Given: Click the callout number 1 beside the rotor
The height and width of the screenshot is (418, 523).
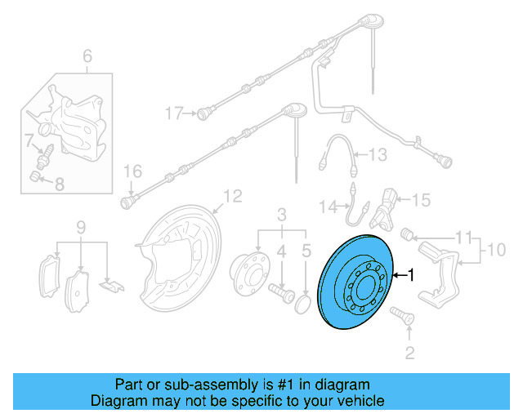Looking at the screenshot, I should pos(412,276).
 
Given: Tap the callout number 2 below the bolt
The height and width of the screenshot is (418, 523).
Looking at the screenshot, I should pos(410,353).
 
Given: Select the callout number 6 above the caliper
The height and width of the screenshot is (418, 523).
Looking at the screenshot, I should pos(87,56).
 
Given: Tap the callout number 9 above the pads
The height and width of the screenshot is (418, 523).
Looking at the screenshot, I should pos(81,226).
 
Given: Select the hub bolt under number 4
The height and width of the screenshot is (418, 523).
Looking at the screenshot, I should pos(280,290).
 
